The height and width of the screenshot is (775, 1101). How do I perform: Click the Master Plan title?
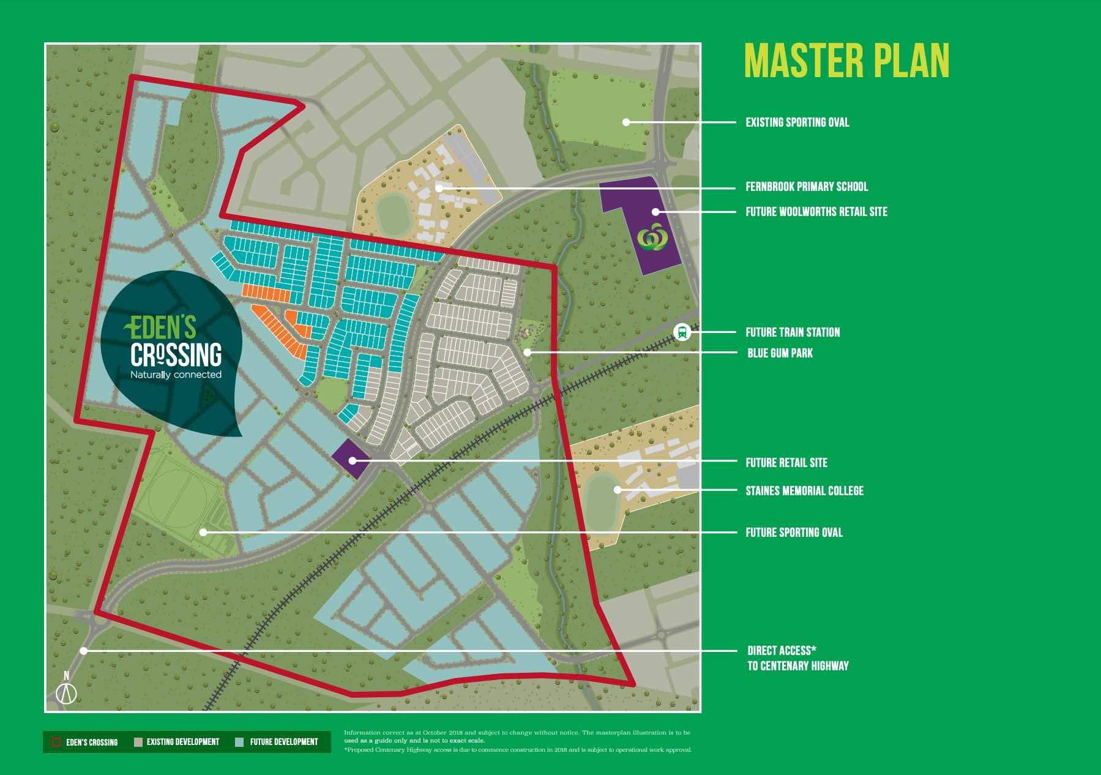pos(846,61)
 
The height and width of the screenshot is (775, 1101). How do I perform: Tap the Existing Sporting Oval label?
pos(797,122)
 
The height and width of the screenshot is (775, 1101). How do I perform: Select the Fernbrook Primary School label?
pos(806,187)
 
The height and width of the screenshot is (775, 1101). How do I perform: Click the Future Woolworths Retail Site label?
pos(816,212)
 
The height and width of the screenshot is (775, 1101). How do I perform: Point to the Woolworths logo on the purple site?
pos(652,237)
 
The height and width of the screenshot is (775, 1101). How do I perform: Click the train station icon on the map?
pos(682,332)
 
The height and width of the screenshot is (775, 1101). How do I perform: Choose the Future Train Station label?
pos(792,332)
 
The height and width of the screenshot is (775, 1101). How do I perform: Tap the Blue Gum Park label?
pos(780,353)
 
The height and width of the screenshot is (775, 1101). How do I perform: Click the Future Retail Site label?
pos(786,463)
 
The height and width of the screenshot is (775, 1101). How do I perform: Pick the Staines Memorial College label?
pos(804,491)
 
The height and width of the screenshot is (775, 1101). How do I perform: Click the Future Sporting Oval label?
pos(794,533)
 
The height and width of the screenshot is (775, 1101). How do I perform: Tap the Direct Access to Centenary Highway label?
pos(797,658)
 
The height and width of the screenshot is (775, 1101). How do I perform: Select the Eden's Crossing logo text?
pos(176,346)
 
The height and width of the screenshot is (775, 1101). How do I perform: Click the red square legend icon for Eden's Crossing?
pos(56,742)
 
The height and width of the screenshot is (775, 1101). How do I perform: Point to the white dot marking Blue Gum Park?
pos(528,353)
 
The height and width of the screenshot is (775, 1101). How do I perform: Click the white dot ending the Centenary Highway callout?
pos(84,651)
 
